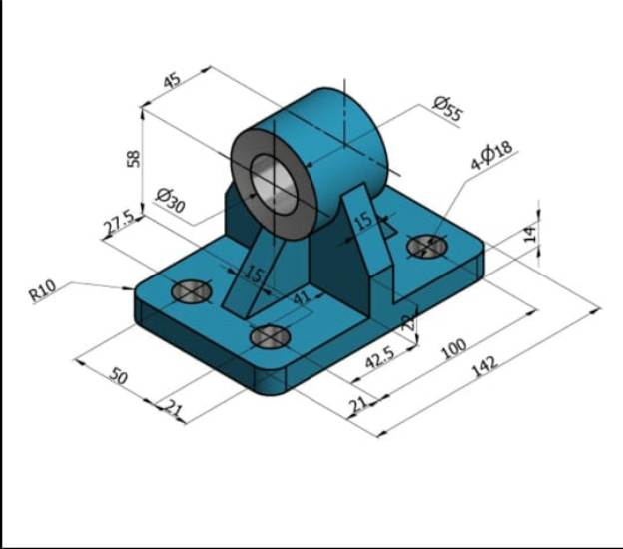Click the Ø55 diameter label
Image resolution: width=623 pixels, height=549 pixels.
[447, 109]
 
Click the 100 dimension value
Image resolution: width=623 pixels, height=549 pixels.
[453, 347]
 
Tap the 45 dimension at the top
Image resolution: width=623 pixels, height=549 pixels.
[172, 81]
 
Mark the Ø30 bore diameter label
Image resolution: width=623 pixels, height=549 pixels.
[171, 199]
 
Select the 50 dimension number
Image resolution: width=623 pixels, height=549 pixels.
[118, 376]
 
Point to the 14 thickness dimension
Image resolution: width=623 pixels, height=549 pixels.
[530, 233]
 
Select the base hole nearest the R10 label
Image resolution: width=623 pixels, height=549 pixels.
[191, 291]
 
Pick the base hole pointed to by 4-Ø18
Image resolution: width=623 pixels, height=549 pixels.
[427, 245]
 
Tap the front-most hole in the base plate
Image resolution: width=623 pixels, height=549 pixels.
[270, 337]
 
